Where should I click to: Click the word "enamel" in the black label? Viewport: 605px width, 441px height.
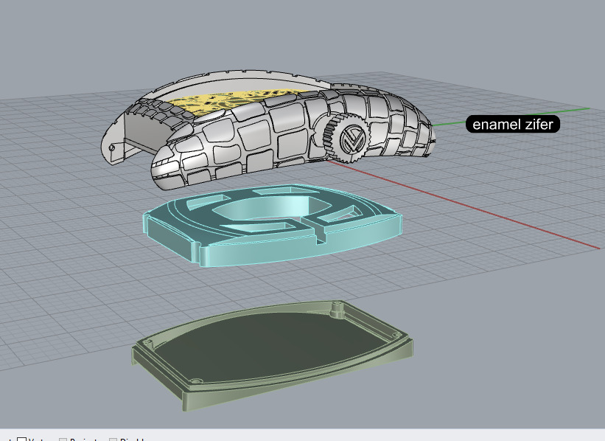494,125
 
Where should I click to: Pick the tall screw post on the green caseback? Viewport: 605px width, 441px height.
336,305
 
